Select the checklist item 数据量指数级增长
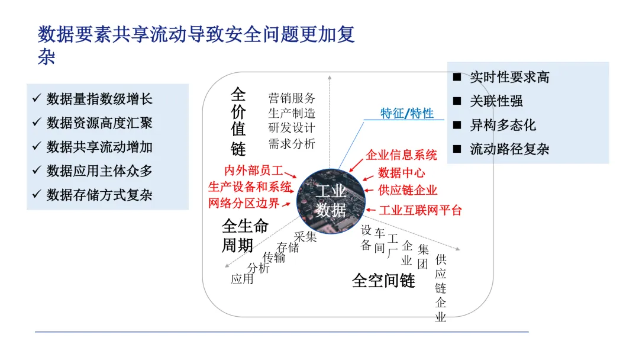point(99,99)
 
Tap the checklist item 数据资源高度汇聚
point(99,123)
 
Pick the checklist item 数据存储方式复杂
point(99,195)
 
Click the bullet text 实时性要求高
point(509,77)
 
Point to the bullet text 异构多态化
point(503,125)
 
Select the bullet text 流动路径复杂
point(509,149)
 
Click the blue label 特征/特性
point(407,113)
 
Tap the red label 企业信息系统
point(401,155)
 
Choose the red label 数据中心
point(401,173)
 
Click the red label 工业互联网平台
point(420,210)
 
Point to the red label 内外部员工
point(254,171)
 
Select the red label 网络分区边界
point(243,204)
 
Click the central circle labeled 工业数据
point(331,200)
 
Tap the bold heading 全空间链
point(383,281)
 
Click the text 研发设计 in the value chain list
point(292,128)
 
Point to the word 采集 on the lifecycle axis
point(305,237)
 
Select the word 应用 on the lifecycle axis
point(242,279)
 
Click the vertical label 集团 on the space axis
point(423,256)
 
